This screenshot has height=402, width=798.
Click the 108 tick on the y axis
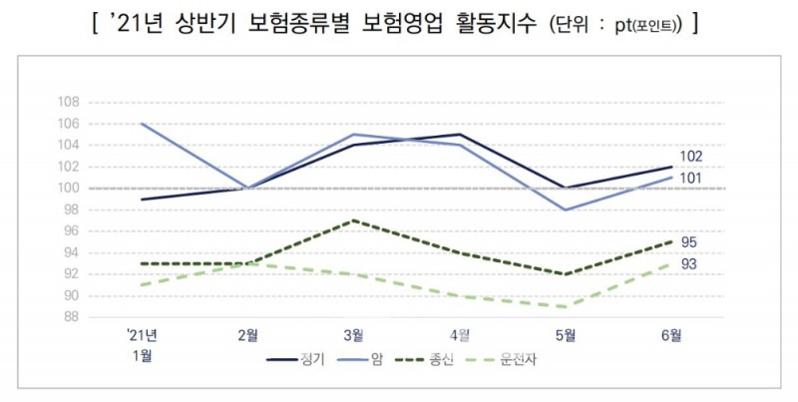click(69, 103)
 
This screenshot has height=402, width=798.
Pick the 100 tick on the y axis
click(69, 189)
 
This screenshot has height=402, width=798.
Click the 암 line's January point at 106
click(144, 124)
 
